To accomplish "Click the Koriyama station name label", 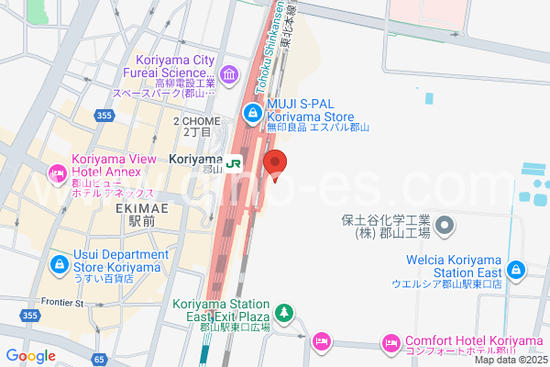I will point(196,159).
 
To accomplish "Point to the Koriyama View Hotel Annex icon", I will point(57,172).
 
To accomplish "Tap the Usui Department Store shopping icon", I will point(58,263).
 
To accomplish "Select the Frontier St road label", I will point(63,302).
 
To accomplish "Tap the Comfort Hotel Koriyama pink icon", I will point(390,343).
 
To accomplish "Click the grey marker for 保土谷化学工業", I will point(445,224).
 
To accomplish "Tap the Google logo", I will point(31,356).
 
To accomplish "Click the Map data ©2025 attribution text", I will point(510,359).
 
